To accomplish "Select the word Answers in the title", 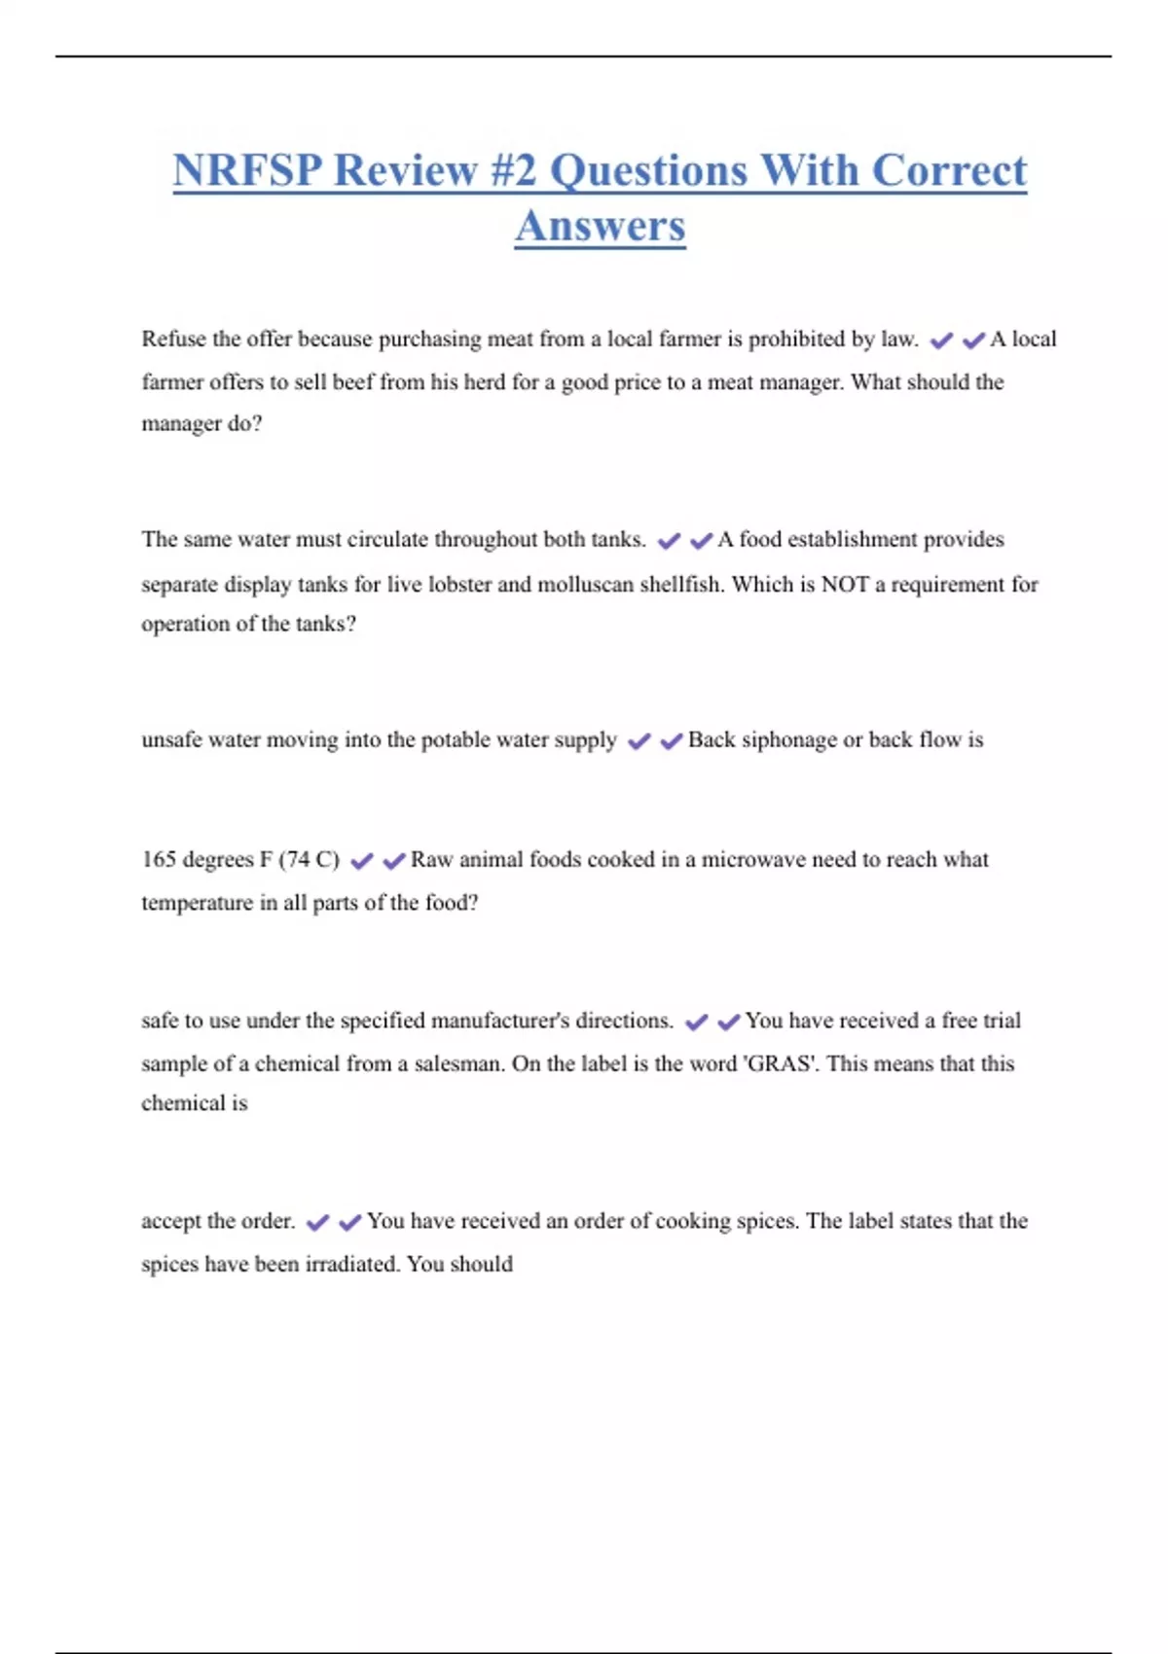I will (x=600, y=226).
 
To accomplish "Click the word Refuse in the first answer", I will (x=174, y=339).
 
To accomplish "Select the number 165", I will (x=159, y=859).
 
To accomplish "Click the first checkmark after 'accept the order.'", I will (x=317, y=1222).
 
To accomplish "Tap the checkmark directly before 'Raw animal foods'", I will (x=394, y=861).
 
